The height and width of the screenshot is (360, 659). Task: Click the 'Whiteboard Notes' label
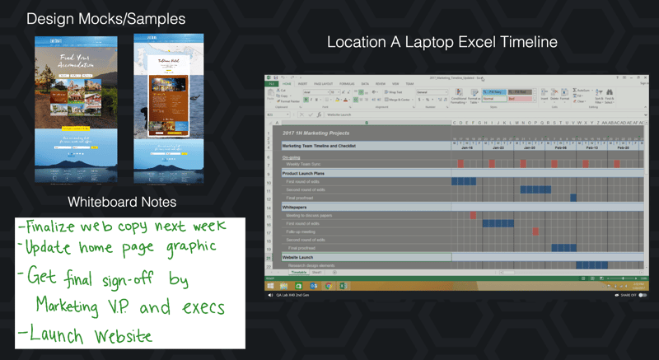tap(122, 201)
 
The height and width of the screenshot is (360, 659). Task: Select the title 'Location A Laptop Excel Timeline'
tap(442, 42)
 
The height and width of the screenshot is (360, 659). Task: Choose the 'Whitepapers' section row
tap(295, 207)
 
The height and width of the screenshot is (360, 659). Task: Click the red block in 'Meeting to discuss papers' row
tap(473, 215)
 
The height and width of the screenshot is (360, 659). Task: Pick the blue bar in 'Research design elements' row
tap(591, 265)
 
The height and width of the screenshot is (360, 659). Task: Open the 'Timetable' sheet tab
tap(298, 272)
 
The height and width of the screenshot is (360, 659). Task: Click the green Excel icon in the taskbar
tap(344, 286)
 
